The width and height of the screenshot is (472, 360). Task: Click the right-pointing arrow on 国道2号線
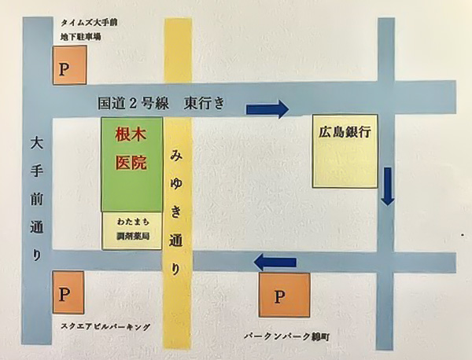(267, 108)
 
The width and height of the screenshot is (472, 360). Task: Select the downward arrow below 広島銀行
(386, 185)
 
